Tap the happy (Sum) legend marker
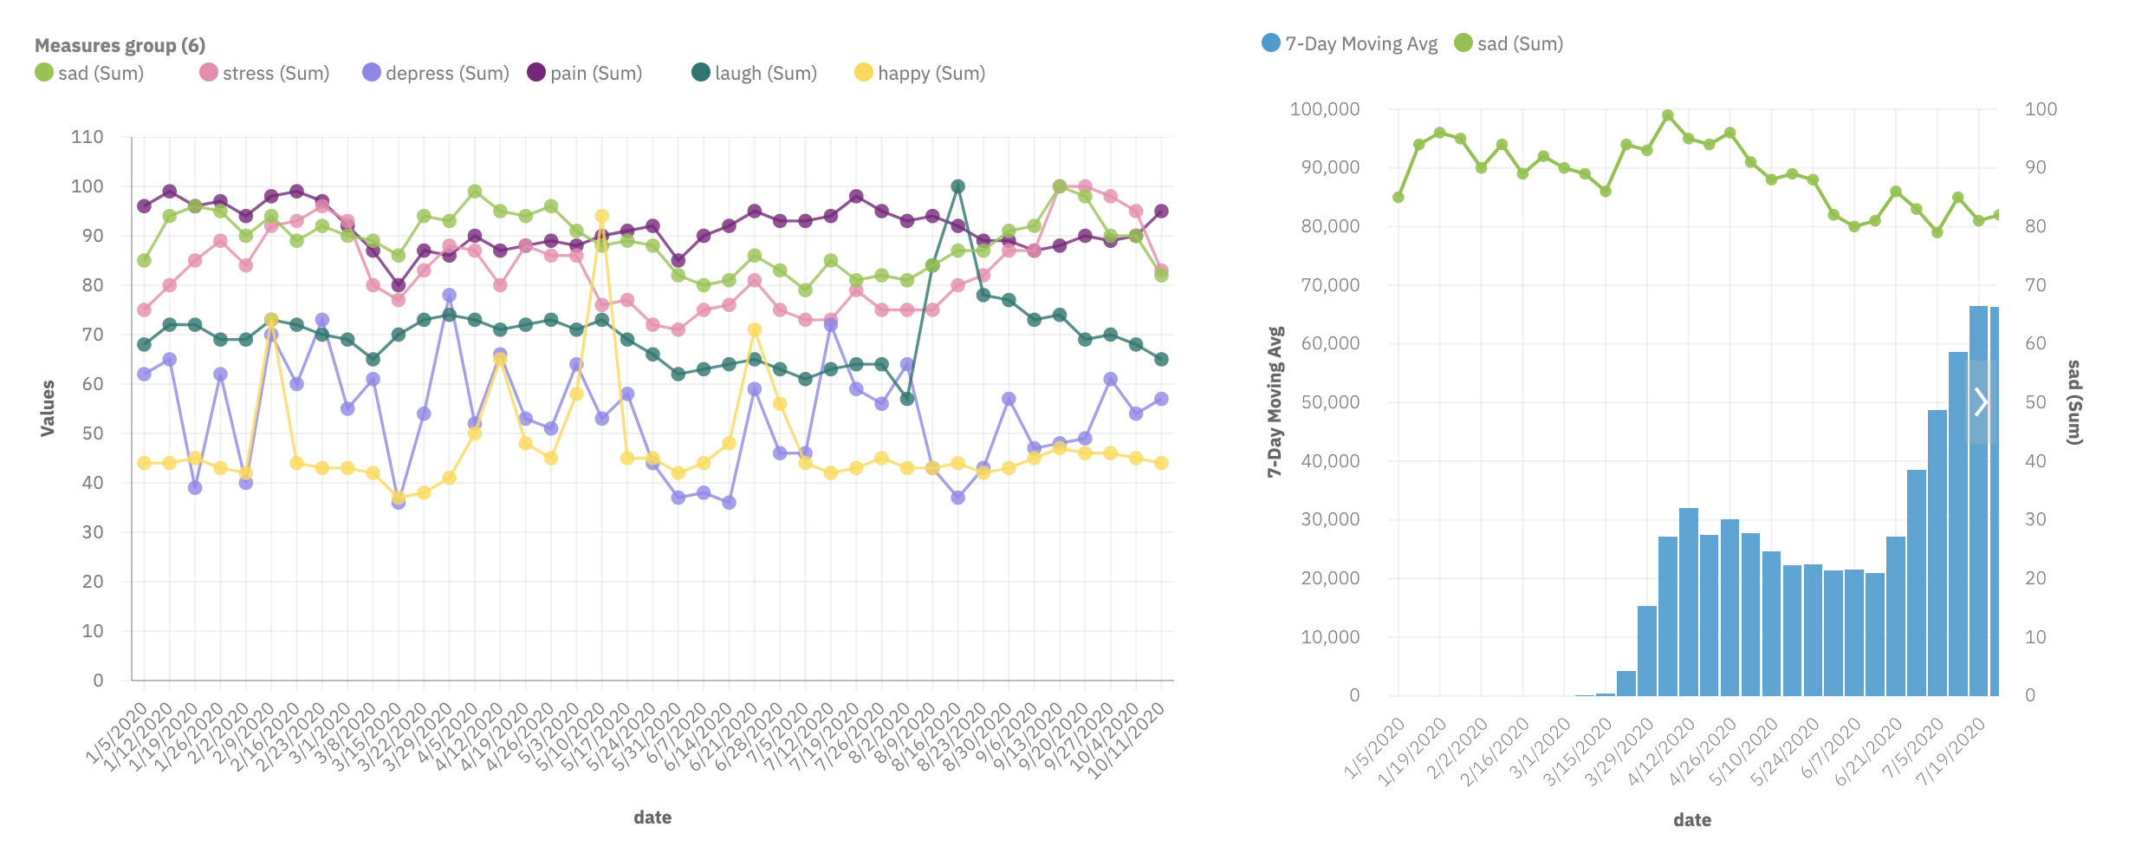point(863,73)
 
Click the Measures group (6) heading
point(120,45)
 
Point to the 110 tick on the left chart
point(87,137)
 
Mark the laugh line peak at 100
point(957,186)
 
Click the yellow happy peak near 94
point(601,217)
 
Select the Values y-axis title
point(48,407)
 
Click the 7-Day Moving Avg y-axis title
point(1275,401)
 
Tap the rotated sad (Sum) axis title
point(2073,401)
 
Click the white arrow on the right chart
point(1981,401)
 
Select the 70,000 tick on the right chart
point(1330,285)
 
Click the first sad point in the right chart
point(1398,198)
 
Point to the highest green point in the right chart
point(1667,115)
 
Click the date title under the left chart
point(652,818)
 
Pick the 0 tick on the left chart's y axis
point(98,681)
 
